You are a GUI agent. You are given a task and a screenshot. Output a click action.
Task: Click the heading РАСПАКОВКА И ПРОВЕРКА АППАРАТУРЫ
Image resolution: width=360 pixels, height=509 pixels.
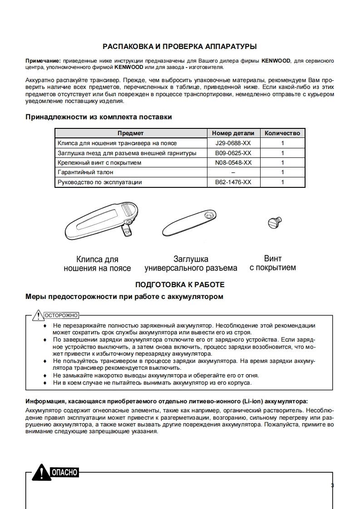coord(180,46)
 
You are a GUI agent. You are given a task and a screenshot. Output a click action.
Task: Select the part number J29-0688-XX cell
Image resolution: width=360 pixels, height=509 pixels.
coord(233,143)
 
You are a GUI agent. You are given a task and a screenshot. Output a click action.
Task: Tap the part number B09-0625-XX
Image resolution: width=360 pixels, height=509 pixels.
coord(233,153)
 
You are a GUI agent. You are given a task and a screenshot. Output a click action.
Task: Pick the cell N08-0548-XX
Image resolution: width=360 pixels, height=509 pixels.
coord(233,163)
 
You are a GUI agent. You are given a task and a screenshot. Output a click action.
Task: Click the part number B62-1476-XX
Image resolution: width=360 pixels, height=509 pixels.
coord(233,182)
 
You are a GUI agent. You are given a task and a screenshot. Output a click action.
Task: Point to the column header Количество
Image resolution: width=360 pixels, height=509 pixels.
coord(282,133)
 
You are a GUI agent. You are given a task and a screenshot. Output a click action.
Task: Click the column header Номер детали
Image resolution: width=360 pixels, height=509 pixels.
coord(233,133)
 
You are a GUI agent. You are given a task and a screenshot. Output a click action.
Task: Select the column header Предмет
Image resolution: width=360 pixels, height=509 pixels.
coord(131,133)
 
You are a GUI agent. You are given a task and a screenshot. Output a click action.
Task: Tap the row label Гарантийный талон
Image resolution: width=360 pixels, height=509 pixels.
coord(86,172)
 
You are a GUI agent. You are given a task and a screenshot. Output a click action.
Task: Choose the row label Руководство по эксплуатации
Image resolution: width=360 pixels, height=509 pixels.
coord(100,182)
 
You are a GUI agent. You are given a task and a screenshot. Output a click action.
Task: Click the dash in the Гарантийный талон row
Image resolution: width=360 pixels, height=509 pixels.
coord(233,172)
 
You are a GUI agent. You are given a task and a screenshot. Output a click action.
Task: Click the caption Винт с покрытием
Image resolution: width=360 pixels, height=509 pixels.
coord(273,263)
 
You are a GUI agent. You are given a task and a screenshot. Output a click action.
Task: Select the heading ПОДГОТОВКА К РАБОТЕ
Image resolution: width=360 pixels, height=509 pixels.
coord(180,285)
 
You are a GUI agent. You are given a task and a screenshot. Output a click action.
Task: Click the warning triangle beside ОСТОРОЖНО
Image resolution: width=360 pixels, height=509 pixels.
coord(37,315)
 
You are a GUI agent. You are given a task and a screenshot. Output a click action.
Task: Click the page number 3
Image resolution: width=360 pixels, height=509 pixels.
coord(332,486)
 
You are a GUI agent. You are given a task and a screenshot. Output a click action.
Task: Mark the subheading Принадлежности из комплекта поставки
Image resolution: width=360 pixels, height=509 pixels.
coord(99,117)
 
